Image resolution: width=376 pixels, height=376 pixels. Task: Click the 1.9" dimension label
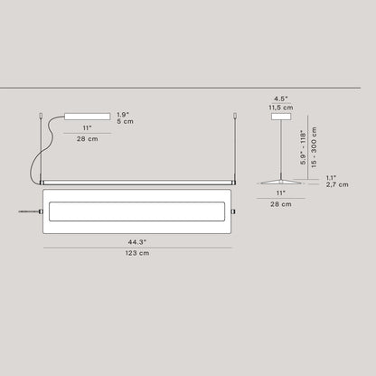(123, 115)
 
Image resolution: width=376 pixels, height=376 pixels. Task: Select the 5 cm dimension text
(125, 121)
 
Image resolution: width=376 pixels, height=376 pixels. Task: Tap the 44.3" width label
(137, 242)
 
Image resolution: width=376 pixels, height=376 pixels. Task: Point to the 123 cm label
(137, 253)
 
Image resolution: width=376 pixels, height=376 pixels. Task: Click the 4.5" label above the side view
(281, 99)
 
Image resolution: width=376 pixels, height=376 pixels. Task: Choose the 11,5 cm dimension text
(281, 108)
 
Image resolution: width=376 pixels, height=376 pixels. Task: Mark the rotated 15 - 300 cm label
(314, 147)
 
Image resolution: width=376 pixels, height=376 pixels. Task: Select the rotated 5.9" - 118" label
(303, 147)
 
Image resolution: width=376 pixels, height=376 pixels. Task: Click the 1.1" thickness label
(331, 178)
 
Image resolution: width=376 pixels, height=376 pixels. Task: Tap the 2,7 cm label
(337, 184)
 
